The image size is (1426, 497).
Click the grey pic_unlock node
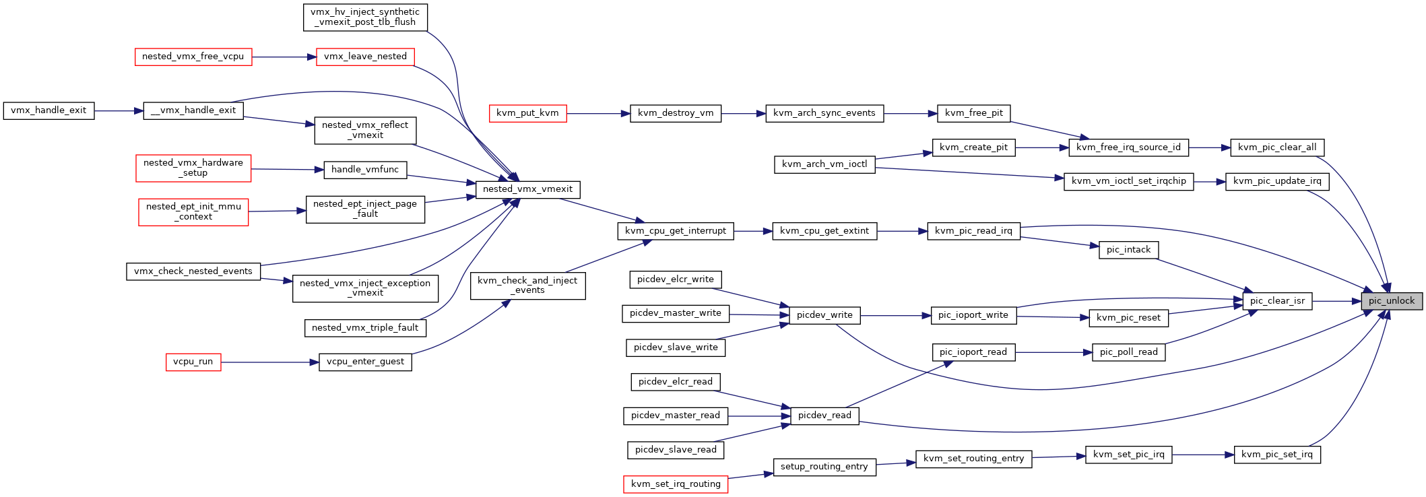click(x=1392, y=301)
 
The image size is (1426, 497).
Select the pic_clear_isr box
click(x=1277, y=301)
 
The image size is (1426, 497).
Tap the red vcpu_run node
click(x=193, y=362)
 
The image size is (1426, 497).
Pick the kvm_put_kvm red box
click(x=527, y=113)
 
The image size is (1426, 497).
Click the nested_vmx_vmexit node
click(x=527, y=189)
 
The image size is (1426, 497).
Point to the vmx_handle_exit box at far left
click(x=48, y=110)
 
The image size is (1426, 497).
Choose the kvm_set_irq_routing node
click(x=676, y=484)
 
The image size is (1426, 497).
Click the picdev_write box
click(x=824, y=315)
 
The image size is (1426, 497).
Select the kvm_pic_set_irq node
click(x=1277, y=455)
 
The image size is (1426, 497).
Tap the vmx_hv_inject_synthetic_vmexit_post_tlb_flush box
click(x=365, y=17)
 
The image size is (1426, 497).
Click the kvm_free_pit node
click(x=974, y=113)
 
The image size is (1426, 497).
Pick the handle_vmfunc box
click(x=365, y=170)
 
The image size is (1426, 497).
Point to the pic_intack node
click(x=1129, y=250)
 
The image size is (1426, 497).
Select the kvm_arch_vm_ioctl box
click(x=824, y=164)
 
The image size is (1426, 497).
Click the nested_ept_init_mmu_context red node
click(x=193, y=212)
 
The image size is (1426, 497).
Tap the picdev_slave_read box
click(x=676, y=450)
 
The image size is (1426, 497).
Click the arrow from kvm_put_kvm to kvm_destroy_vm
click(x=598, y=114)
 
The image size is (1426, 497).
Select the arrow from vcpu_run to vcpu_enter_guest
click(x=269, y=362)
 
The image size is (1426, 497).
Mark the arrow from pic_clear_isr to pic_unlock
click(x=1336, y=301)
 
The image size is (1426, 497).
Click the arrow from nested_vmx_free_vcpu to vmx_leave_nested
click(x=284, y=57)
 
